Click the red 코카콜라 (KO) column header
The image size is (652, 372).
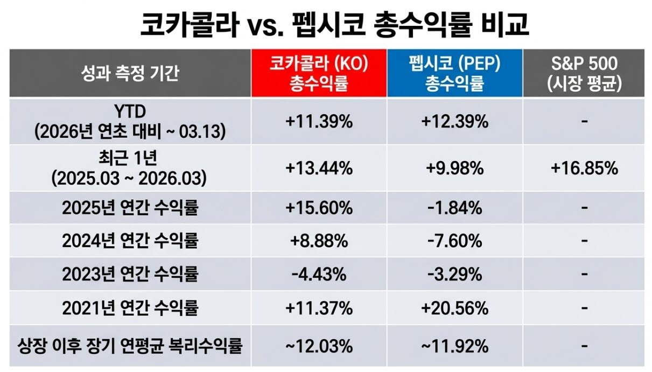[x=319, y=73]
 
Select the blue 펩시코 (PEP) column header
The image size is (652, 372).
[x=454, y=73]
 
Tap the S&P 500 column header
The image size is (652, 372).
[x=584, y=73]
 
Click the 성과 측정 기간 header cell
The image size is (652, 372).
[x=130, y=73]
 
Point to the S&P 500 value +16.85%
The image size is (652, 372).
[x=584, y=169]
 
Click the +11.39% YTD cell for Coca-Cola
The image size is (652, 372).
[x=319, y=122]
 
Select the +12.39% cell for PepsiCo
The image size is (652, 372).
[x=454, y=122]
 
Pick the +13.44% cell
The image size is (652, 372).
[x=319, y=169]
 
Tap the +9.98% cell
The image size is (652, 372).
[x=454, y=169]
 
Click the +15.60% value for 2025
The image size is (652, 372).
[x=319, y=208]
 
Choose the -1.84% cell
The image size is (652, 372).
[x=454, y=208]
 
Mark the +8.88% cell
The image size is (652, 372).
[x=319, y=241]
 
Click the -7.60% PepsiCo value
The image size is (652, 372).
[x=454, y=241]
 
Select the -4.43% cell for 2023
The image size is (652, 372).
[x=319, y=275]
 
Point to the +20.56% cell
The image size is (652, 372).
[x=454, y=308]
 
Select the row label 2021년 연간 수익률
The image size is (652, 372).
[x=130, y=308]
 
